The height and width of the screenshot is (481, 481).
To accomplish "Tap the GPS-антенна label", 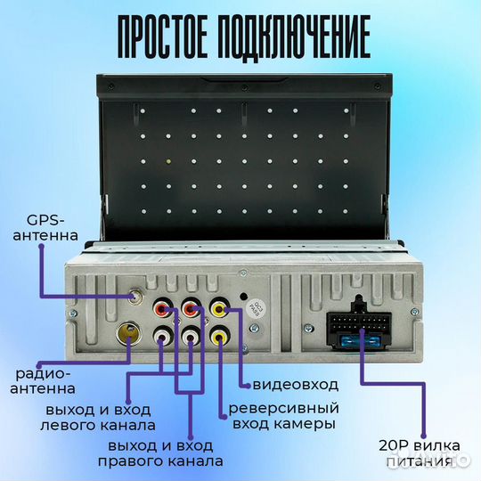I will (52, 228).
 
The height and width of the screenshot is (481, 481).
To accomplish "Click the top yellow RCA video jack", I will (220, 312).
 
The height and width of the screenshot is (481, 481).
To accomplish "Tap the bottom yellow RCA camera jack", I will (220, 339).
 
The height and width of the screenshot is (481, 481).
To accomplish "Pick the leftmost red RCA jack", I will (163, 312).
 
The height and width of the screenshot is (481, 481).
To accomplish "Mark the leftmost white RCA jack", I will (163, 339).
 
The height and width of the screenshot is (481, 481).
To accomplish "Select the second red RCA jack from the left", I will (192, 312).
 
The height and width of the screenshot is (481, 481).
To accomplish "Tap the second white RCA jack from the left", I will (192, 339).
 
